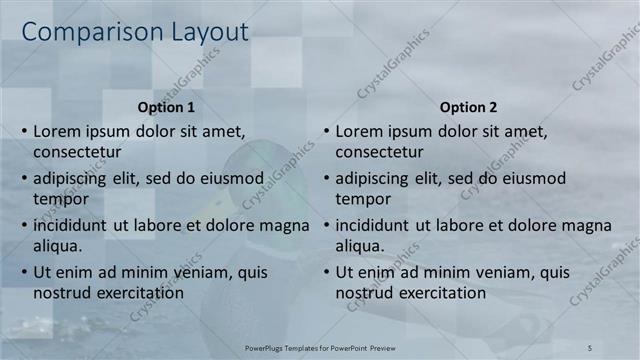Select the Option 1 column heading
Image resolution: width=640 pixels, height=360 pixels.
coord(165,107)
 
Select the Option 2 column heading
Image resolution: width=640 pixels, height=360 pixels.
coord(468,107)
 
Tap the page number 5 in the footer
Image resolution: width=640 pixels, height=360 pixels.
coord(590,346)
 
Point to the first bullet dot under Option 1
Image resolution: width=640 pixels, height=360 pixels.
coord(24,131)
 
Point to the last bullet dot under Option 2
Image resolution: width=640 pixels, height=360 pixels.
coord(326,272)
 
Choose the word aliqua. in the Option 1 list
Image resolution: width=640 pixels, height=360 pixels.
coord(57,245)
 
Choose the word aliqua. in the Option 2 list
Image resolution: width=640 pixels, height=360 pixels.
coord(359,245)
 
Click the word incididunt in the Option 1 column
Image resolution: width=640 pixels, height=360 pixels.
coord(71,225)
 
